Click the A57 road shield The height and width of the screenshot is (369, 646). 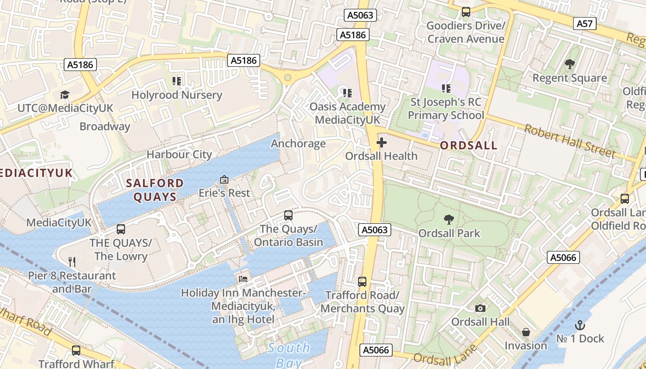pyautogui.click(x=585, y=24)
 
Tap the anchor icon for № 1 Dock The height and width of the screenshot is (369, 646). pyautogui.click(x=580, y=325)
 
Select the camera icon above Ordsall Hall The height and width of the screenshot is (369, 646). pyautogui.click(x=480, y=308)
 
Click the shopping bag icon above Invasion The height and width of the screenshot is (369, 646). pyautogui.click(x=526, y=332)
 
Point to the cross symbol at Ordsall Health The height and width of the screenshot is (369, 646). pyautogui.click(x=382, y=143)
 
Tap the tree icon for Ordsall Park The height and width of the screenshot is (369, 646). pyautogui.click(x=448, y=220)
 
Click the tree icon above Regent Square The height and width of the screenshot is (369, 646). pyautogui.click(x=569, y=64)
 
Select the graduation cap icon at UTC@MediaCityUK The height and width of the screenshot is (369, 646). pyautogui.click(x=65, y=95)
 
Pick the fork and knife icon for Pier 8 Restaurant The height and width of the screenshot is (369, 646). pyautogui.click(x=72, y=262)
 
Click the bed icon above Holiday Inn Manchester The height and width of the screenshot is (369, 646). pyautogui.click(x=243, y=279)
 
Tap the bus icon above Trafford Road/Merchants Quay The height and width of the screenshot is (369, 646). pyautogui.click(x=362, y=281)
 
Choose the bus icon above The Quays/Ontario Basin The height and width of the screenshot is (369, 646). pyautogui.click(x=288, y=215)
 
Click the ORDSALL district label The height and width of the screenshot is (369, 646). pyautogui.click(x=468, y=146)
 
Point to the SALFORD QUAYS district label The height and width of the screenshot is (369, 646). pyautogui.click(x=155, y=190)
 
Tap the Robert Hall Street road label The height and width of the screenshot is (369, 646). pyautogui.click(x=569, y=141)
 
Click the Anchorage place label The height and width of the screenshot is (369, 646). pyautogui.click(x=298, y=143)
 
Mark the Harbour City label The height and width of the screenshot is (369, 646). pyautogui.click(x=179, y=155)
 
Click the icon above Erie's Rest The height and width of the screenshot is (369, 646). pyautogui.click(x=224, y=179)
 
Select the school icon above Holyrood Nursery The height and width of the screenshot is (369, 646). pyautogui.click(x=177, y=81)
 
